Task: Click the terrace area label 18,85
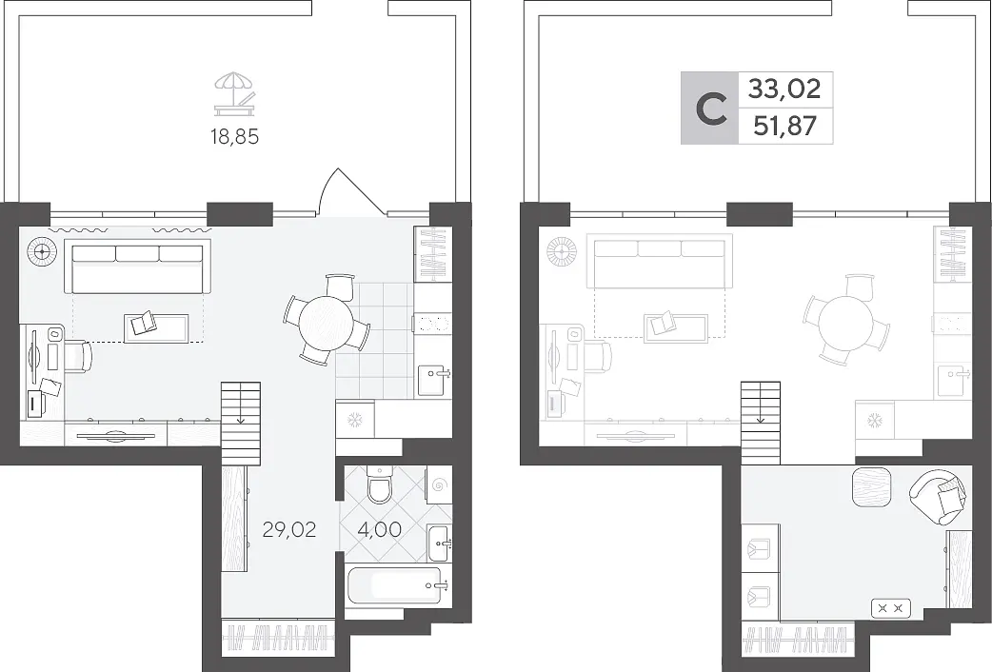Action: [235, 136]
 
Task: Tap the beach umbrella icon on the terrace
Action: [234, 93]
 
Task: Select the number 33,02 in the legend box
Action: [784, 89]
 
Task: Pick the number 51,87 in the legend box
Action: [784, 126]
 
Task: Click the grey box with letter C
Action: [709, 108]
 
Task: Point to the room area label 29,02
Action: [289, 529]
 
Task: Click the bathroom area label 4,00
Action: [379, 529]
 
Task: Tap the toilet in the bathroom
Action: [380, 484]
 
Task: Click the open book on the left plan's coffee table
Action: [143, 323]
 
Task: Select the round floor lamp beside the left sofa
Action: [42, 252]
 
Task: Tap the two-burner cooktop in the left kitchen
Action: [433, 324]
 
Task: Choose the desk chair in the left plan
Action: [76, 356]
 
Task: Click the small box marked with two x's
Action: [891, 609]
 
